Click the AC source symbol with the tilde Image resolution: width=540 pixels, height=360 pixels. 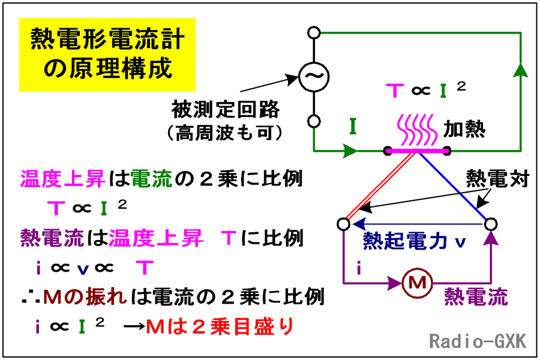point(314,77)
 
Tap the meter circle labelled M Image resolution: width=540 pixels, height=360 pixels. point(417,283)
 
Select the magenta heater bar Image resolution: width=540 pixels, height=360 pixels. point(417,151)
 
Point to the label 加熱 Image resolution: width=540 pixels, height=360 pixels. point(464,130)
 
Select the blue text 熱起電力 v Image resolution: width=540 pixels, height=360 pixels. point(414,241)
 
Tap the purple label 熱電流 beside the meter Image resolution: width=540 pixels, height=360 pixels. point(476,296)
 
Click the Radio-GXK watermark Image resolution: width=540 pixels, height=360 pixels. point(478,341)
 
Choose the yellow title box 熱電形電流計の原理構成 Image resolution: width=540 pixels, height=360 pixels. point(107,55)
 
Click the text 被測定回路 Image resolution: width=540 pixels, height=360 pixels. point(226,110)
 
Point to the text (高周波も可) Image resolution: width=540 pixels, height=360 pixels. point(225,133)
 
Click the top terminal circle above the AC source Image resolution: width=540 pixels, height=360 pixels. point(314,33)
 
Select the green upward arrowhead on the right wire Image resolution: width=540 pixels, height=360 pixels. point(521,70)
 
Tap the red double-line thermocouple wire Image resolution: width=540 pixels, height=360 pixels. point(380,186)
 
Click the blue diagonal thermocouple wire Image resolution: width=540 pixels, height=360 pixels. point(452,186)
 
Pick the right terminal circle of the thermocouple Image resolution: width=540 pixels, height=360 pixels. point(490,224)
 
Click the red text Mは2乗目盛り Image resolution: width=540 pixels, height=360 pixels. point(220,326)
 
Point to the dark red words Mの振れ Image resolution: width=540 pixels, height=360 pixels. point(85,296)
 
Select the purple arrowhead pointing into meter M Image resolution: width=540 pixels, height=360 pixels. point(395,283)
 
